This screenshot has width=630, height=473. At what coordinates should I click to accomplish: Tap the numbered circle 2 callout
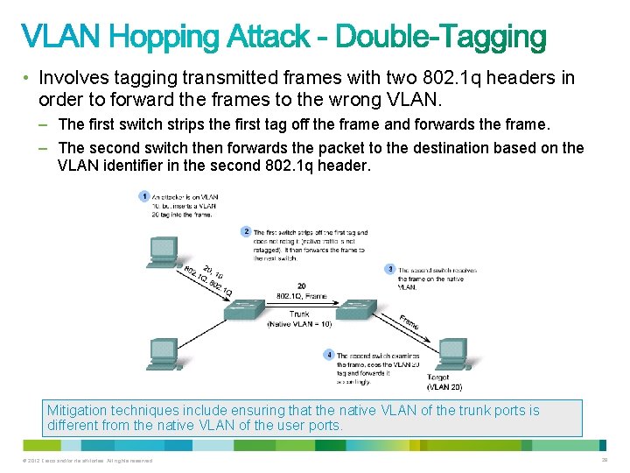coord(246,231)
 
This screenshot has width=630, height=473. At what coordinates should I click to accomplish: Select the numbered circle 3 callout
coord(390,269)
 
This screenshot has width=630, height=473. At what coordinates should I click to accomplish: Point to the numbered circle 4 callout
coord(329,355)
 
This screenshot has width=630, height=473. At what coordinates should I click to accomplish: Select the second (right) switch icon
coord(357,308)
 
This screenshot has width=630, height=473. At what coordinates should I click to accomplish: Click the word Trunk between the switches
coord(299,314)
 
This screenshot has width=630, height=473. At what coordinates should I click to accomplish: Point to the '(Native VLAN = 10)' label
coord(299,324)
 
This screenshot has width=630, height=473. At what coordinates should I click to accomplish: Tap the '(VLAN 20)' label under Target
coord(444,386)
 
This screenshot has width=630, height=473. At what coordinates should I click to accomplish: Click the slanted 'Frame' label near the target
coord(409,321)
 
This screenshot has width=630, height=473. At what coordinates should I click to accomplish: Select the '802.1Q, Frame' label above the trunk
coord(301,296)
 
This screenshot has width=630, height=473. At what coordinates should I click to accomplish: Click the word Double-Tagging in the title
coord(441,37)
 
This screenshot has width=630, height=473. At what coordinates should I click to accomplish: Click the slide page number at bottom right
coord(604,460)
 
